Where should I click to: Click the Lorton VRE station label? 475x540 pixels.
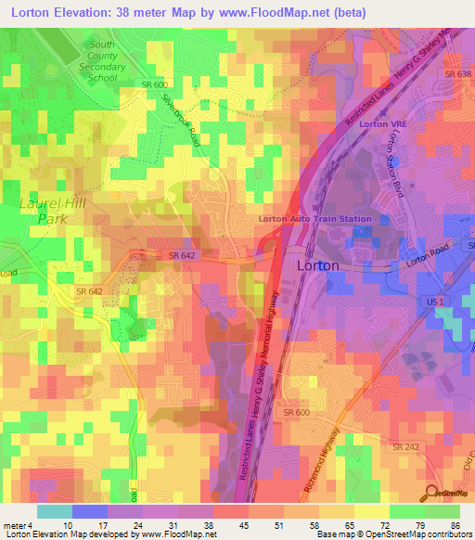(373, 123)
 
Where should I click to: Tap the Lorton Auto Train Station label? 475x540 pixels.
(315, 219)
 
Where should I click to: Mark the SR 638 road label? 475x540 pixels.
(457, 73)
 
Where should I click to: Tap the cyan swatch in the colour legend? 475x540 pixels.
(55, 511)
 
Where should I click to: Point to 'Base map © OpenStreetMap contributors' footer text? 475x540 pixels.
(391, 534)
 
